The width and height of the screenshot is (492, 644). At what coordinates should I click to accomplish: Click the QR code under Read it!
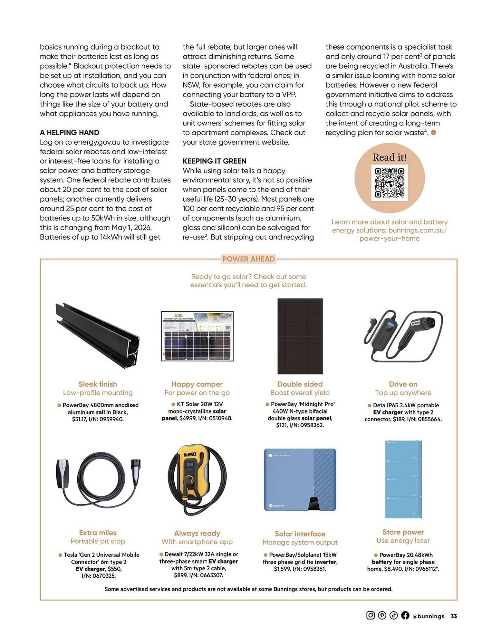[x=389, y=183]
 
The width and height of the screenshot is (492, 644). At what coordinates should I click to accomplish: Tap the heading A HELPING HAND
[x=69, y=132]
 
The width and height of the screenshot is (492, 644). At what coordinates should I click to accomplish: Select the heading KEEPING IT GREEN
[x=214, y=161]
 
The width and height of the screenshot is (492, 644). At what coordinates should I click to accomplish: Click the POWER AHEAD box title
[x=248, y=259]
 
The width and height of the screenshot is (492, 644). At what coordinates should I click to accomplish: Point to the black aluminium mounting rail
[x=98, y=335]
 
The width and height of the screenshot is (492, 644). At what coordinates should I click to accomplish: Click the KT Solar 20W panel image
[x=197, y=336]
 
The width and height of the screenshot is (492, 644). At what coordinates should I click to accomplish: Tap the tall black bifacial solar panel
[x=300, y=336]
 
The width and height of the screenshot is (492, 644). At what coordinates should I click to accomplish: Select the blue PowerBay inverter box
[x=300, y=479]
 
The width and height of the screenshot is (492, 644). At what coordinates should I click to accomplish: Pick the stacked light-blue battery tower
[x=403, y=479]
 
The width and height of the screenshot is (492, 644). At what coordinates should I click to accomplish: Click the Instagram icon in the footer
[x=370, y=615]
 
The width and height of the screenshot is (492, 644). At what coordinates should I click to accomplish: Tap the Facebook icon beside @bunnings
[x=405, y=615]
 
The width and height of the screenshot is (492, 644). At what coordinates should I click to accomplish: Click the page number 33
[x=453, y=616]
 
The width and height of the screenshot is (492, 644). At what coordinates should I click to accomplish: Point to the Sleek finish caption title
[x=98, y=384]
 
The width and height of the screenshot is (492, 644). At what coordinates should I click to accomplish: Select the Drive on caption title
[x=403, y=384]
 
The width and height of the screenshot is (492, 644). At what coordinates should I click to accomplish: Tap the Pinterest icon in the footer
[x=382, y=615]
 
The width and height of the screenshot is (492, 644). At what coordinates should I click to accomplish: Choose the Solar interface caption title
[x=300, y=534]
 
